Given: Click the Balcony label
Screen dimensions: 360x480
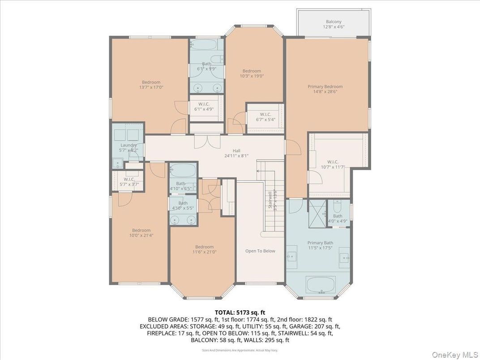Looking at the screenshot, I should click(334, 21).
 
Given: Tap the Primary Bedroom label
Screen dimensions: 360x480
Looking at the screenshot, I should click(325, 86).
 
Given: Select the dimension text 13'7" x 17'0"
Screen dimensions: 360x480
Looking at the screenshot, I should click(151, 88).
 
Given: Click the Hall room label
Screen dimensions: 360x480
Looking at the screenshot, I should click(236, 151).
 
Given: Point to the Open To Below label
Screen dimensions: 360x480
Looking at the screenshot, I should click(260, 251).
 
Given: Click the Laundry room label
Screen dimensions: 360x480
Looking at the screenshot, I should click(128, 145).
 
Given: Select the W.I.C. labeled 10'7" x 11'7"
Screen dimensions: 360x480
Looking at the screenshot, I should click(333, 162).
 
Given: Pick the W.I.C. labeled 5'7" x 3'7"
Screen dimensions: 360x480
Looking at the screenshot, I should click(128, 179).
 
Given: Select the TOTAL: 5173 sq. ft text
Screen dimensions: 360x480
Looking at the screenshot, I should click(236, 312).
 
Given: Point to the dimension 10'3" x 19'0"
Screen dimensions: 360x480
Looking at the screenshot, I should click(252, 76).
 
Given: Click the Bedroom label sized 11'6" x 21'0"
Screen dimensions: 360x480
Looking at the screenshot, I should click(204, 247).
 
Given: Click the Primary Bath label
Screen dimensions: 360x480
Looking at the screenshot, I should click(320, 243).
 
